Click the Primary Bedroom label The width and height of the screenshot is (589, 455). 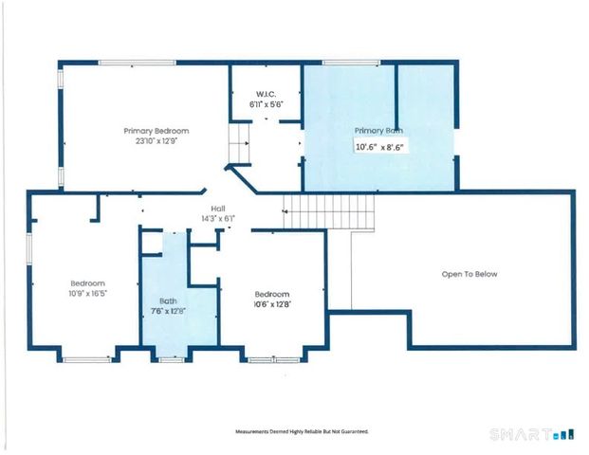tap(156, 130)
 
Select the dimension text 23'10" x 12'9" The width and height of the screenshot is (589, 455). tap(156, 140)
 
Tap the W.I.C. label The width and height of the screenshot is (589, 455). tap(265, 94)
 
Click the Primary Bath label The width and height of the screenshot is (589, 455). tap(379, 130)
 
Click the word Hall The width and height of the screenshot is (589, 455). tap(217, 209)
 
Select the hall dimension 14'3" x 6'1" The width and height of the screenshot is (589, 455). tap(217, 219)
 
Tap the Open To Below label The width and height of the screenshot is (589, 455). tap(469, 274)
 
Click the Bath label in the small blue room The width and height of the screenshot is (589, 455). tap(169, 300)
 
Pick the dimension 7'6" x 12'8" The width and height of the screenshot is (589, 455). tap(169, 312)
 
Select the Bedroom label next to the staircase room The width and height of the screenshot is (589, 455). tap(271, 294)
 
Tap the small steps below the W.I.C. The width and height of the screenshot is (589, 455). tap(238, 148)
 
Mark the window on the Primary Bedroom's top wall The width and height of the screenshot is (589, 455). tap(137, 64)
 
